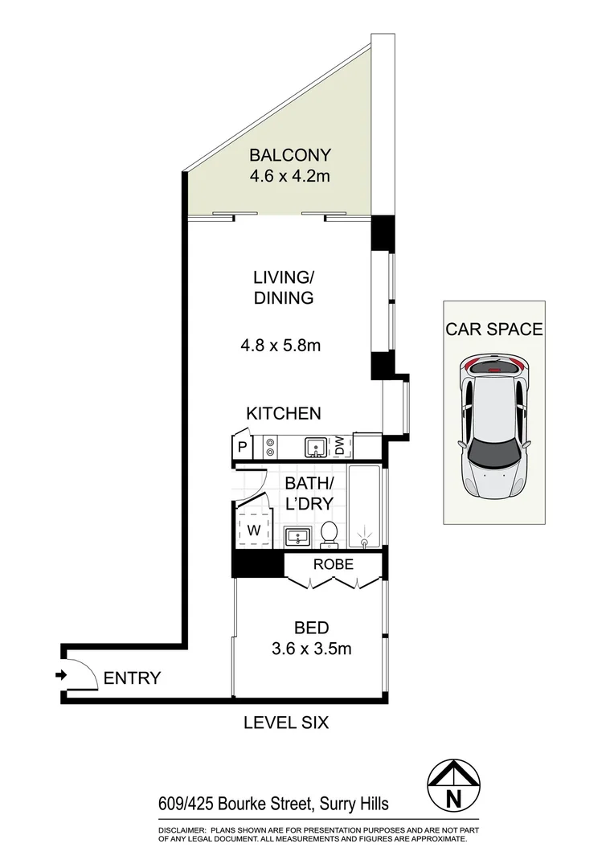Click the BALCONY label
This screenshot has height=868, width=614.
coord(289,155)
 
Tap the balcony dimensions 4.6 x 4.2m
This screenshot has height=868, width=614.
coord(289,176)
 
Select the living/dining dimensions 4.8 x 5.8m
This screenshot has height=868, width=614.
coord(280,346)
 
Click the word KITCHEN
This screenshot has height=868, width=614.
coord(283,414)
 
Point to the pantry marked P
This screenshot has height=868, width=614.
coord(241,447)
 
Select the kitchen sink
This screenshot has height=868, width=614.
coord(314,446)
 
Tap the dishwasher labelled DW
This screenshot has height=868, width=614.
coord(340,445)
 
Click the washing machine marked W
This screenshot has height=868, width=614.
coord(253,530)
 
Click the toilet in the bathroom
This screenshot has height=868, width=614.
coord(329,534)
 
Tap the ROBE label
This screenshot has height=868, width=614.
coord(334,564)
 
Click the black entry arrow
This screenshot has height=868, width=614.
coord(60,675)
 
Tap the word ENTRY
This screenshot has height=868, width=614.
coord(132,678)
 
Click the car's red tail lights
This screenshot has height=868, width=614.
coord(491,368)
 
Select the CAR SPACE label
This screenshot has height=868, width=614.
coord(494,329)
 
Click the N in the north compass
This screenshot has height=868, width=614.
coord(453,798)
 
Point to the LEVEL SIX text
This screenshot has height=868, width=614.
coord(286,723)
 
